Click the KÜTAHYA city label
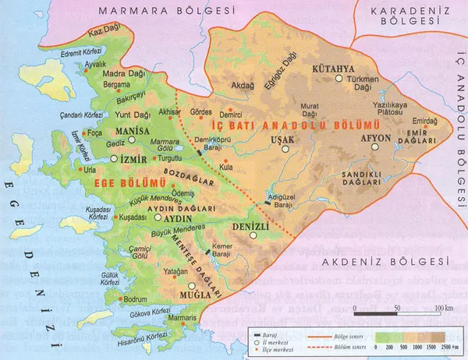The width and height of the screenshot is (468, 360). pyautogui.click(x=335, y=69)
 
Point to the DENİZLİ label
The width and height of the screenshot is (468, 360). pyautogui.click(x=250, y=226)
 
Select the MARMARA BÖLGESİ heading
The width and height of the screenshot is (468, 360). pyautogui.click(x=167, y=11)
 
